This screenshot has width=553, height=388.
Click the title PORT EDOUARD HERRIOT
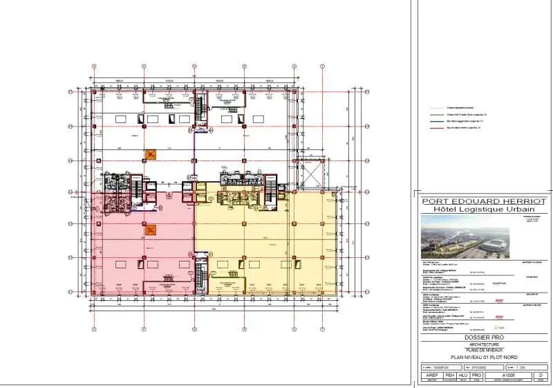point(482,201)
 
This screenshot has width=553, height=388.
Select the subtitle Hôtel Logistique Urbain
point(482,209)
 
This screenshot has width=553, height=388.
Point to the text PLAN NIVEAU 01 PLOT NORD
point(482,357)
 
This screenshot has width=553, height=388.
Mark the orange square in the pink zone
point(151,230)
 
